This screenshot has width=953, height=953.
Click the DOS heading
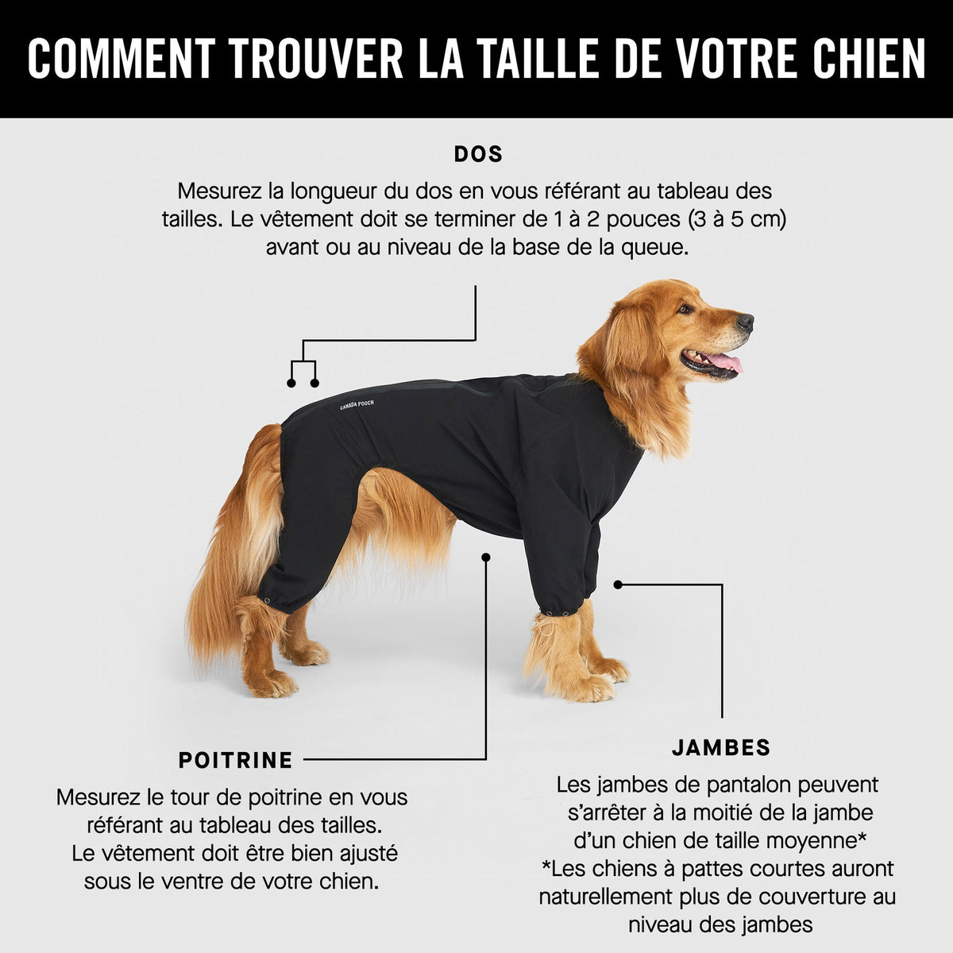click(x=478, y=154)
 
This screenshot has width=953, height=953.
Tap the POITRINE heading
click(x=235, y=760)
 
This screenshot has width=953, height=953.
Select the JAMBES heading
click(x=721, y=748)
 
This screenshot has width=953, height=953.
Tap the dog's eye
click(x=685, y=309)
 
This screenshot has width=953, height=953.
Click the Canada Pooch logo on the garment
click(x=357, y=405)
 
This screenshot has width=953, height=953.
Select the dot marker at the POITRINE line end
click(x=486, y=558)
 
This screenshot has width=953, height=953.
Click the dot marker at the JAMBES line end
click(x=618, y=585)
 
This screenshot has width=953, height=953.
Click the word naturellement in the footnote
click(x=605, y=897)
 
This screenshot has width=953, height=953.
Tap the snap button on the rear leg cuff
click(x=268, y=601)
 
